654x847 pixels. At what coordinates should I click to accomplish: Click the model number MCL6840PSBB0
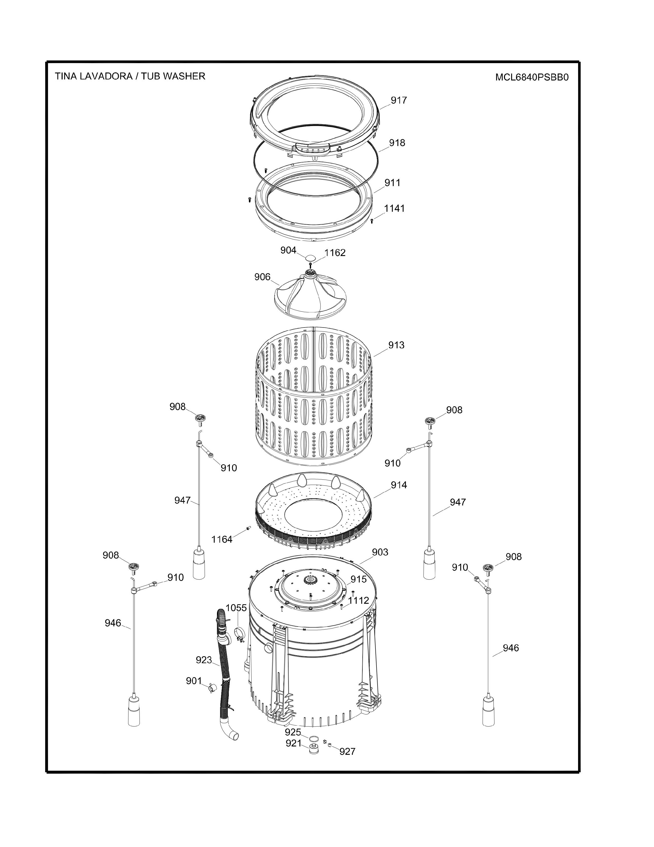(532, 77)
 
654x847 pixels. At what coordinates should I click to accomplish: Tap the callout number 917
(399, 100)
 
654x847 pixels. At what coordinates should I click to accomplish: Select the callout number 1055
(236, 608)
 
